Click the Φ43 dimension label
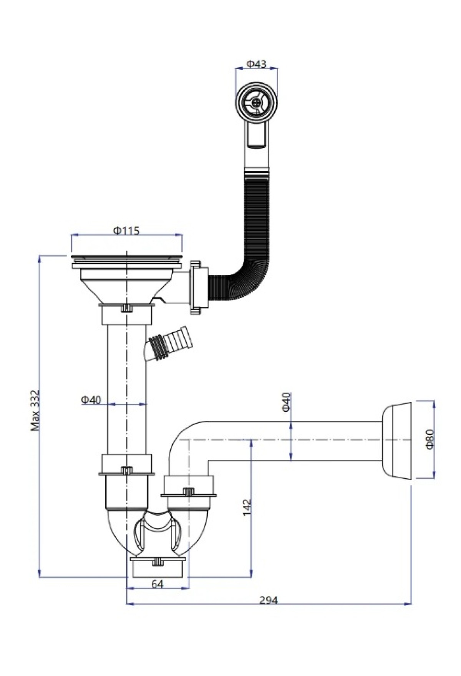click(x=256, y=64)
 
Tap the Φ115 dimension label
click(x=126, y=230)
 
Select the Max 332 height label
click(x=36, y=411)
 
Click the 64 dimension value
click(x=157, y=584)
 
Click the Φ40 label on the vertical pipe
click(x=91, y=400)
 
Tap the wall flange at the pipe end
click(x=397, y=441)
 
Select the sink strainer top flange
click(x=126, y=257)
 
